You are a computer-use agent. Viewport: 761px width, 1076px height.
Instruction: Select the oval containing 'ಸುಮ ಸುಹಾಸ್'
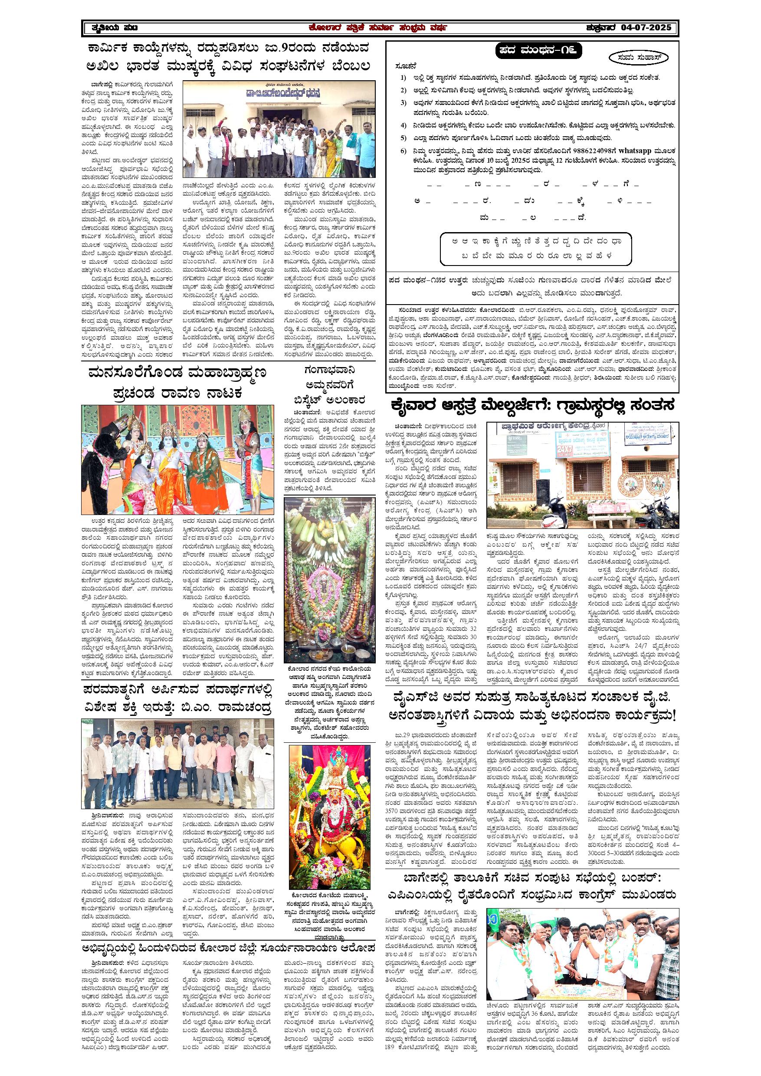pos(639,58)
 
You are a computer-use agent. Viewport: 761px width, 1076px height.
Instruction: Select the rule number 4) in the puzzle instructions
pos(403,125)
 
